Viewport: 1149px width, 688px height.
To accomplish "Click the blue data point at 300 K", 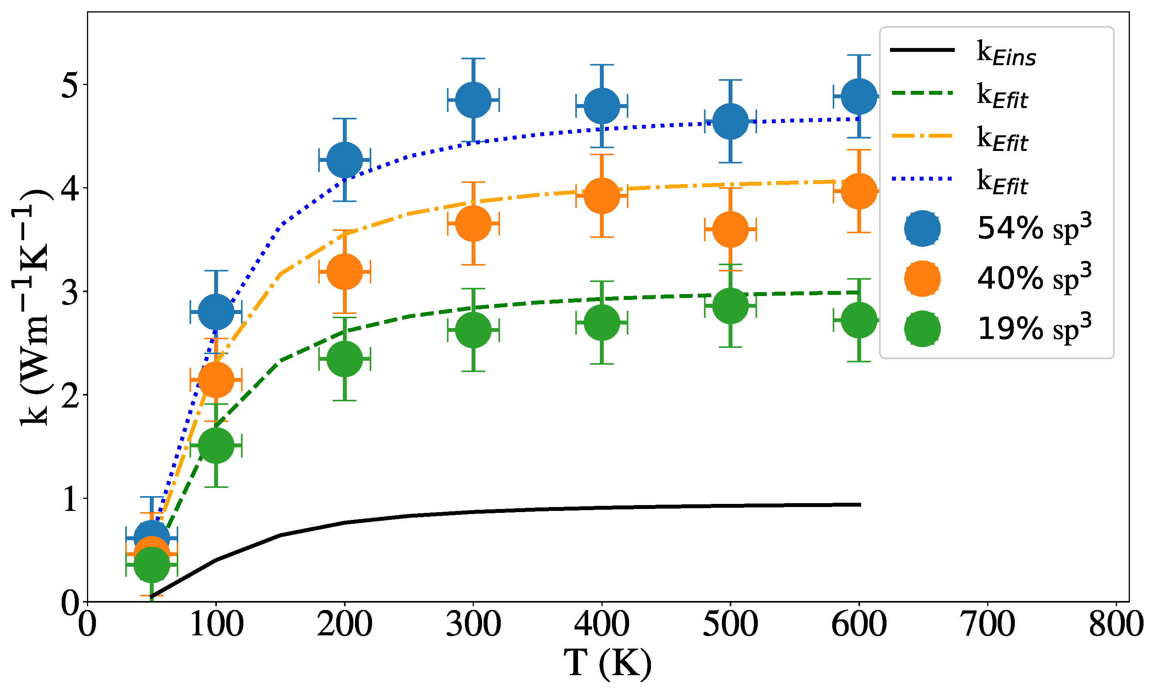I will (473, 100).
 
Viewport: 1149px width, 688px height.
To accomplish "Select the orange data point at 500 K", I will (730, 229).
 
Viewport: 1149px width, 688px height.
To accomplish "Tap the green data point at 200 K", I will (344, 359).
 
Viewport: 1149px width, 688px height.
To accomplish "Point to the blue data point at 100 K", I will (216, 312).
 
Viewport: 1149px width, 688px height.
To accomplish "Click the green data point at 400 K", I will (602, 322).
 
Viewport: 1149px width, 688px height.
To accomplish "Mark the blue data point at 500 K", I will (730, 121).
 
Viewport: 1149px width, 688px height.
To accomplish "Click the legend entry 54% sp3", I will (1034, 228).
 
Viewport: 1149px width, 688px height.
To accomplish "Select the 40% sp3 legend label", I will (1034, 278).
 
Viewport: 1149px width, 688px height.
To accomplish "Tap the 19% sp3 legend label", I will (1034, 328).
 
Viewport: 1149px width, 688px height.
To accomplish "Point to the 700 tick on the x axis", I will (988, 624).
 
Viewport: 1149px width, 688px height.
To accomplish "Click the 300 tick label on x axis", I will (473, 624).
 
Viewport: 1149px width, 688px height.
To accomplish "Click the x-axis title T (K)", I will (607, 663).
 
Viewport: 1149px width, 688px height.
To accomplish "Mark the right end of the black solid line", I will (859, 504).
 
